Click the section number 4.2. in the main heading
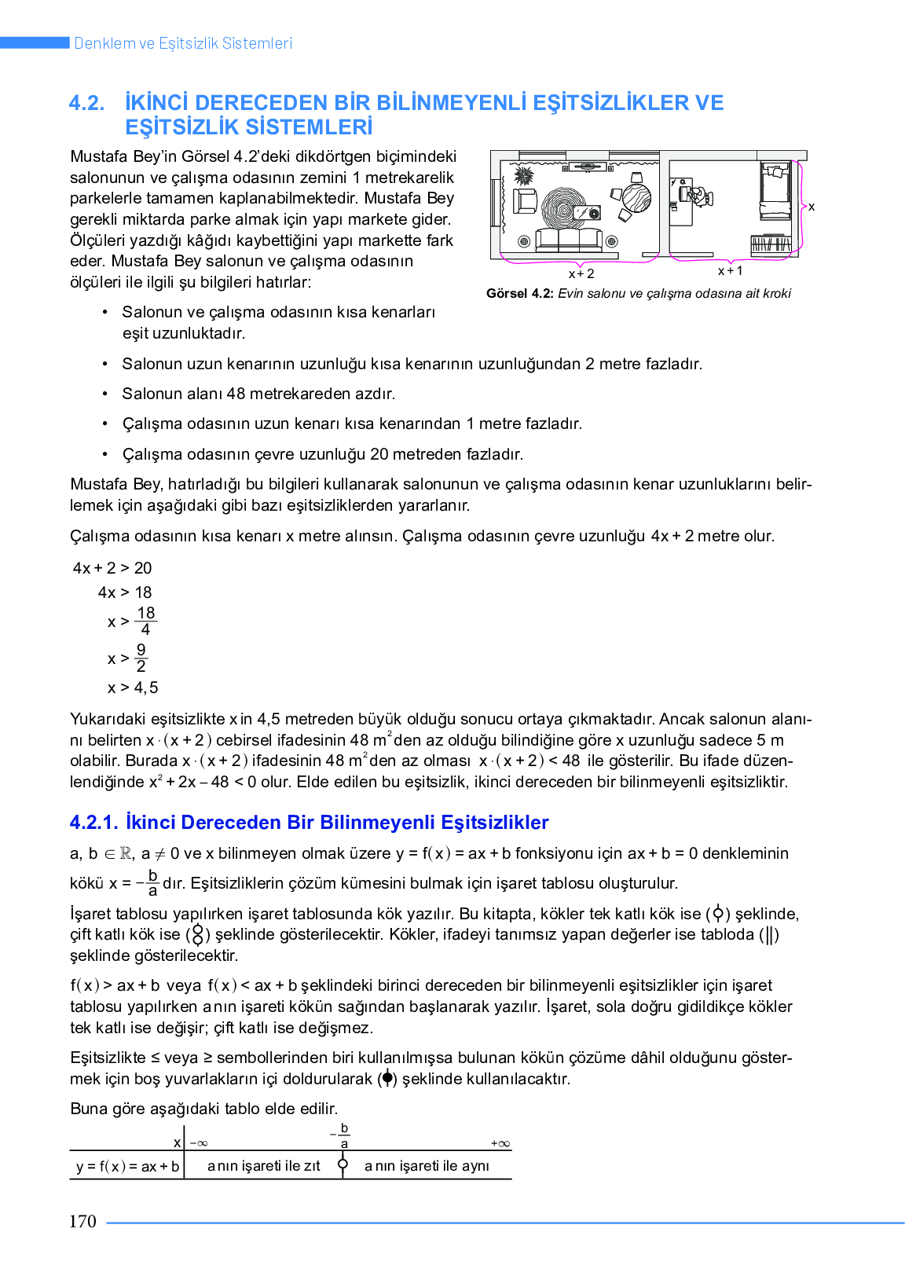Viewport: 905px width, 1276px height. tap(86, 103)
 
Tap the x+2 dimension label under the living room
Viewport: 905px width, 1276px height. tap(581, 274)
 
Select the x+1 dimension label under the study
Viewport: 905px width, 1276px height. tap(730, 271)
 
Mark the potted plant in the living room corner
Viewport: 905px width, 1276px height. tap(523, 174)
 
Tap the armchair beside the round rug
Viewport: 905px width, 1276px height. tap(524, 201)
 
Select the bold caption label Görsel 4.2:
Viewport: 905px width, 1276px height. tap(520, 294)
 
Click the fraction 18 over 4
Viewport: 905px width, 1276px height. tap(145, 621)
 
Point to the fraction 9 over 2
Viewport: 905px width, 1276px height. tap(141, 658)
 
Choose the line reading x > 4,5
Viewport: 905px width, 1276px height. tap(133, 688)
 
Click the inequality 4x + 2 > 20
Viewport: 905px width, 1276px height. tap(112, 568)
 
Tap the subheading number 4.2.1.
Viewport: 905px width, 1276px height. tap(93, 823)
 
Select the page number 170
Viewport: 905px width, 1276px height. tap(82, 1222)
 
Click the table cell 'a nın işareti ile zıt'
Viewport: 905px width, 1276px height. tap(263, 1166)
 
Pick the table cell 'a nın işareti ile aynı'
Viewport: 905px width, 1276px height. tap(427, 1166)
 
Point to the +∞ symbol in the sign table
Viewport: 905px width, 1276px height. tap(500, 1144)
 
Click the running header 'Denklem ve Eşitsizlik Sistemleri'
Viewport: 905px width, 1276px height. tap(183, 43)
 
